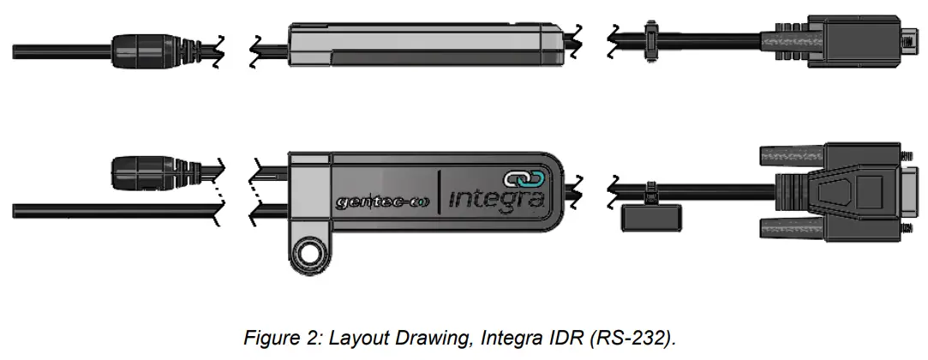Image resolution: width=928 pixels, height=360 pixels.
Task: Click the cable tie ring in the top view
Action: (651, 39)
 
